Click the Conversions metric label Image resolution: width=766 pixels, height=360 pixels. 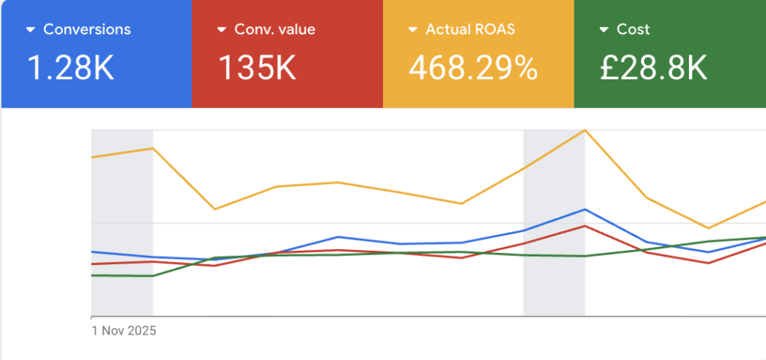87,30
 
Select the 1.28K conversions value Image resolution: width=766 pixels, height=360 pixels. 70,68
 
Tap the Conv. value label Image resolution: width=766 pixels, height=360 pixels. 275,30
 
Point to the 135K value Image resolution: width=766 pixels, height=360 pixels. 257,68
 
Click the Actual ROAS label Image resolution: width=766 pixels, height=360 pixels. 470,30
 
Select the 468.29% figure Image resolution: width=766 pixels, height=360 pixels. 473,68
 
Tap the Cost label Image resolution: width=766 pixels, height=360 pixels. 633,30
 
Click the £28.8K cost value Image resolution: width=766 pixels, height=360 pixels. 653,68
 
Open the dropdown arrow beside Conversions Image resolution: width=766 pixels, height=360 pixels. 31,30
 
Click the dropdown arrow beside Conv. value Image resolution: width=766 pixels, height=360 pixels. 221,30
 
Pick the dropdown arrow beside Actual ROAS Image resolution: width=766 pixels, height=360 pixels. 413,30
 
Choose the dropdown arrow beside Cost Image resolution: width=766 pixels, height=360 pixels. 604,30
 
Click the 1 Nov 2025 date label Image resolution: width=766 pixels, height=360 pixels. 123,330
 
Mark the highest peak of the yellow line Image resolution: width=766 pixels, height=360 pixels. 584,130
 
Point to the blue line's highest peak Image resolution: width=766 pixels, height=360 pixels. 584,210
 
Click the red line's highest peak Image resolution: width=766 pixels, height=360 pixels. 584,226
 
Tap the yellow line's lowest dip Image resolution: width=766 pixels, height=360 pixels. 708,228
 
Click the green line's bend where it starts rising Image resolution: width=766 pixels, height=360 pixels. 153,276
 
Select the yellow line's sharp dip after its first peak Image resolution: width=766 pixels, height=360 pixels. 215,210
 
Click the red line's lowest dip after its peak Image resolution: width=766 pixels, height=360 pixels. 708,263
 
